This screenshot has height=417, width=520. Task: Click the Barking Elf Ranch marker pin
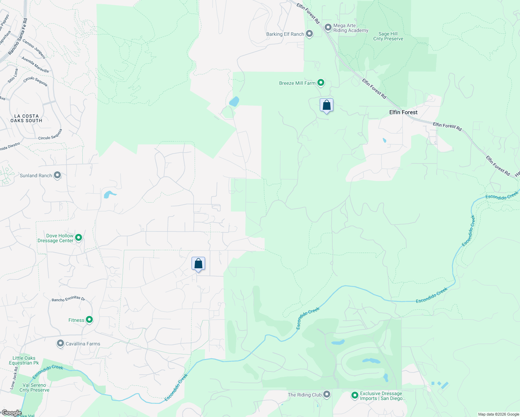tap(309, 34)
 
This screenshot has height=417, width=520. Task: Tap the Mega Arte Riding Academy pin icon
tap(328, 27)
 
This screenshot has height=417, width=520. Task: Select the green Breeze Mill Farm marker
tap(321, 83)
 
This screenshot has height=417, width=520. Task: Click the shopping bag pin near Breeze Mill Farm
tap(326, 105)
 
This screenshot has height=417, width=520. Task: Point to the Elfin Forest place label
tap(403, 112)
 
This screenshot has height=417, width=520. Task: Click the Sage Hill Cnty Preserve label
tap(388, 36)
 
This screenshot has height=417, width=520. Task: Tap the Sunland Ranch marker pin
tap(57, 175)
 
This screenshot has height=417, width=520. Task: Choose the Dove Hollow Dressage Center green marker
tap(79, 238)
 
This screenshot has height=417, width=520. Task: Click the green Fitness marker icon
tap(89, 320)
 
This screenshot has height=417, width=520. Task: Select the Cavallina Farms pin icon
tap(60, 344)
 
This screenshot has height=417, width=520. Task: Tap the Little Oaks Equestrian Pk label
tap(24, 360)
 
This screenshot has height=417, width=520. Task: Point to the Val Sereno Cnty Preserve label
tap(34, 387)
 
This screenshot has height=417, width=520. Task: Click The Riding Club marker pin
tap(327, 394)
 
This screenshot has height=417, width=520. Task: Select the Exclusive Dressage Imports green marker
tap(355, 395)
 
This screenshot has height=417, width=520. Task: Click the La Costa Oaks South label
tap(26, 118)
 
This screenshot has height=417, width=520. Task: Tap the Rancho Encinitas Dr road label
tap(68, 299)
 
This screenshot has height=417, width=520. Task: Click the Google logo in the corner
tap(11, 413)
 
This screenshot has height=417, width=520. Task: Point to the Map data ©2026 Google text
tap(498, 414)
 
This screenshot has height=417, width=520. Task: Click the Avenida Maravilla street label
tap(35, 65)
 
